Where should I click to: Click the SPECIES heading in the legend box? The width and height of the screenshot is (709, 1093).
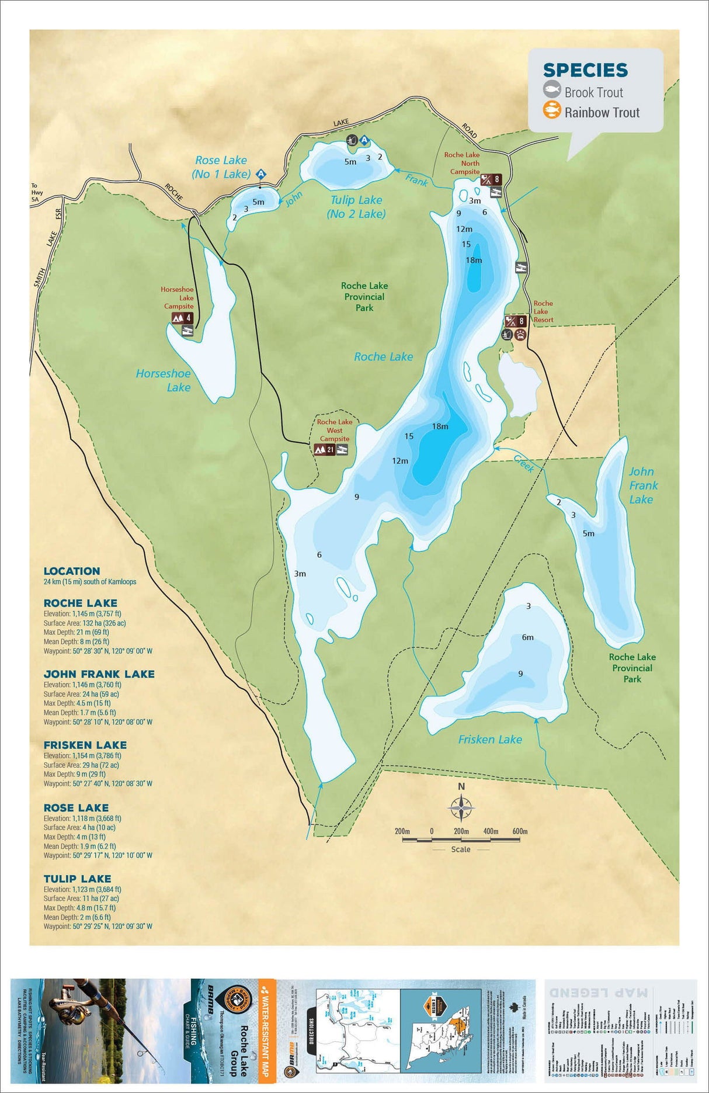585,70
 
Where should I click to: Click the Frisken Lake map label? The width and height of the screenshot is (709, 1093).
489,740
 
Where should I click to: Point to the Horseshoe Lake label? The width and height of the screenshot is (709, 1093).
164,380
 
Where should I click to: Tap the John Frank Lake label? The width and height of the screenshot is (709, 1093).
642,485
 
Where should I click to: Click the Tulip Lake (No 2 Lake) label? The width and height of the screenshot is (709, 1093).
356,207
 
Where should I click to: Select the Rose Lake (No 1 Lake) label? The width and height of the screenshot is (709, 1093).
221,167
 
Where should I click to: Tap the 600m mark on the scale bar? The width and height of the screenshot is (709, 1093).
520,832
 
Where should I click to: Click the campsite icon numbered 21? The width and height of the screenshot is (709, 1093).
324,450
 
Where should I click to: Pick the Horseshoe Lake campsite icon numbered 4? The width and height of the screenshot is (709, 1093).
182,318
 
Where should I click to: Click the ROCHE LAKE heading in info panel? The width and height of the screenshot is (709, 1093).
81,603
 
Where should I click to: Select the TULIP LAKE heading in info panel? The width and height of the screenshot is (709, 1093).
77,879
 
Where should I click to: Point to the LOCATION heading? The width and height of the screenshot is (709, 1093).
72,571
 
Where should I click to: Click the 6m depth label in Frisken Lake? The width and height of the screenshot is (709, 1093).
527,637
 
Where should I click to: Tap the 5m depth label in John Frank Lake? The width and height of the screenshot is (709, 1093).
588,533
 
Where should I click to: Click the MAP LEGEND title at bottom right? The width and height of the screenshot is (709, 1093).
597,993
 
